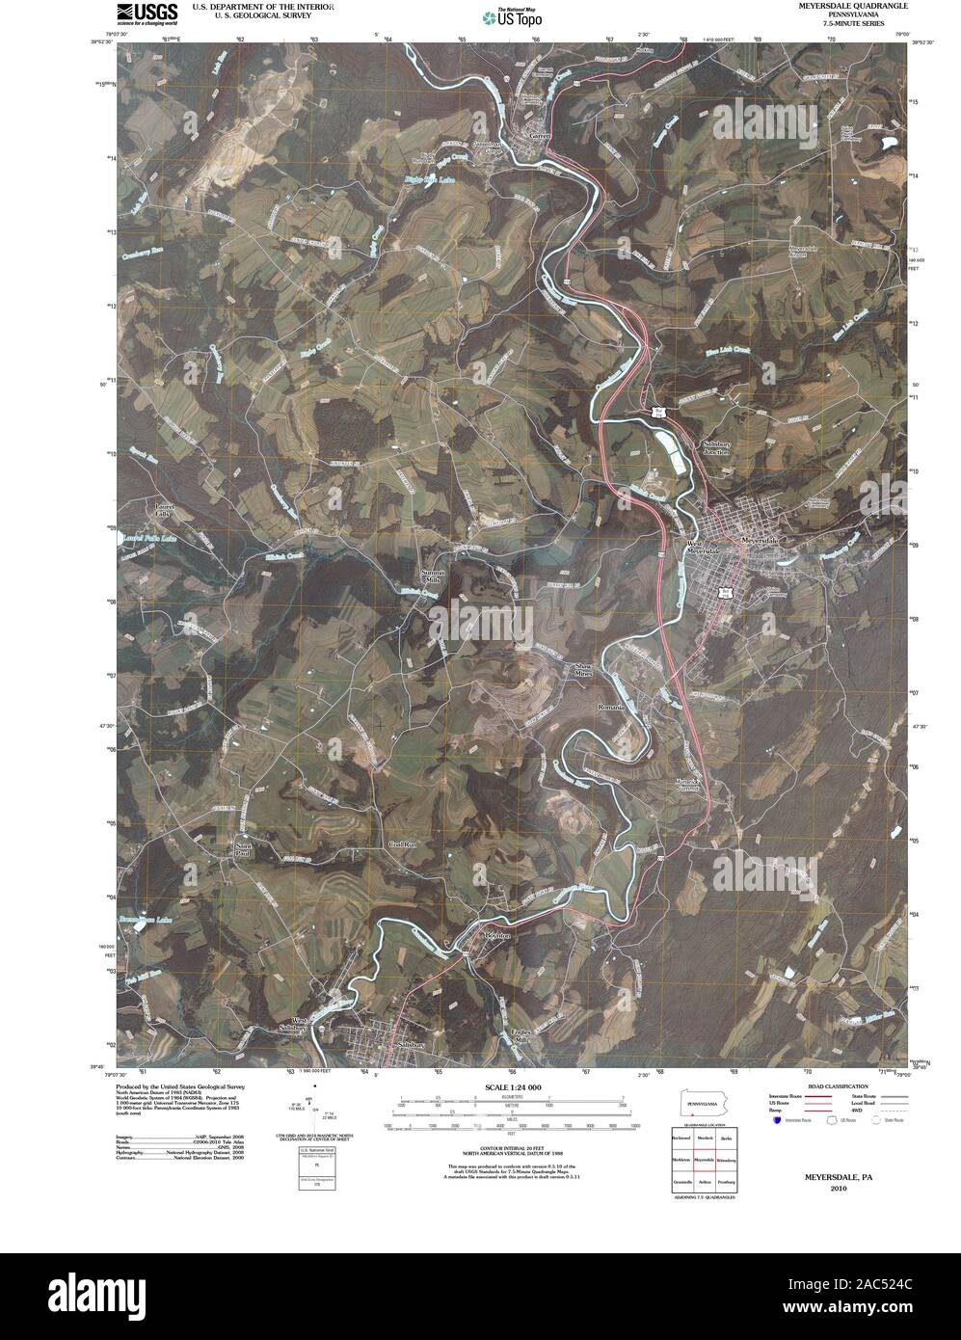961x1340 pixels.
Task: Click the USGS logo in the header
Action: pyautogui.click(x=147, y=12)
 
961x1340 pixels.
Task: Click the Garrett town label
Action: pyautogui.click(x=539, y=136)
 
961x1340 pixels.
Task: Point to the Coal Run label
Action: pyautogui.click(x=400, y=843)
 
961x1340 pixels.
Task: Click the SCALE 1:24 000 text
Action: pyautogui.click(x=515, y=1087)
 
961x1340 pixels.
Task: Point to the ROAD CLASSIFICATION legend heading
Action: pyautogui.click(x=821, y=1085)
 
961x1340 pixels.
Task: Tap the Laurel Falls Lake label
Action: pyautogui.click(x=147, y=537)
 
